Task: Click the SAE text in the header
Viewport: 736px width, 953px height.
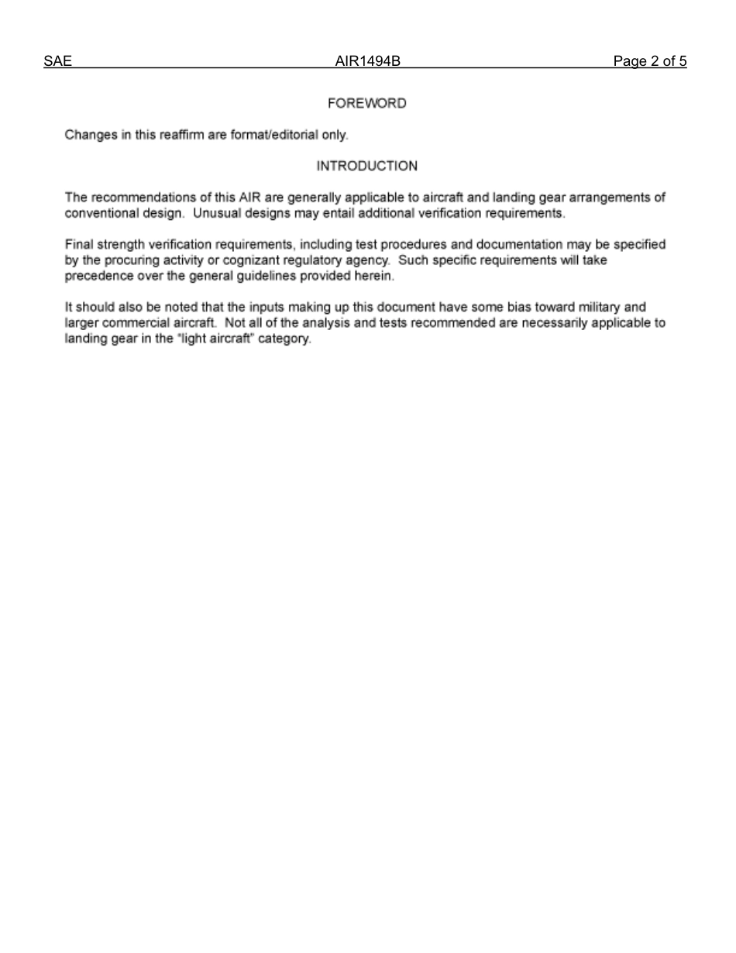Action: click(58, 61)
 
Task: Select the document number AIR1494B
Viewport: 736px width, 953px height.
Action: click(367, 61)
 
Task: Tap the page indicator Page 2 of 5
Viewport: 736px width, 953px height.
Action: click(649, 61)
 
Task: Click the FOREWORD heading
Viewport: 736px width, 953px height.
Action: click(366, 103)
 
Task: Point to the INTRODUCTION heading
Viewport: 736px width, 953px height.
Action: click(366, 166)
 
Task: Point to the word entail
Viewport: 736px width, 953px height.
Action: click(328, 213)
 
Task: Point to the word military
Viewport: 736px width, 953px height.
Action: click(597, 308)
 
